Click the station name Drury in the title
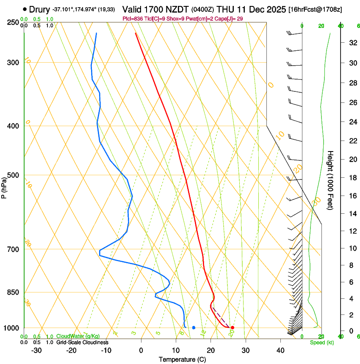[39, 9]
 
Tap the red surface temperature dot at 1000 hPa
[233, 328]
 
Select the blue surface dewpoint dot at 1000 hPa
[194, 328]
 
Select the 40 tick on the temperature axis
[280, 350]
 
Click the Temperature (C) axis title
[182, 359]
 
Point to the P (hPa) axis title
[4, 186]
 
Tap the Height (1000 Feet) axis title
[331, 180]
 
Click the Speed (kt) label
[321, 342]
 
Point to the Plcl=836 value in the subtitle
[132, 19]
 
